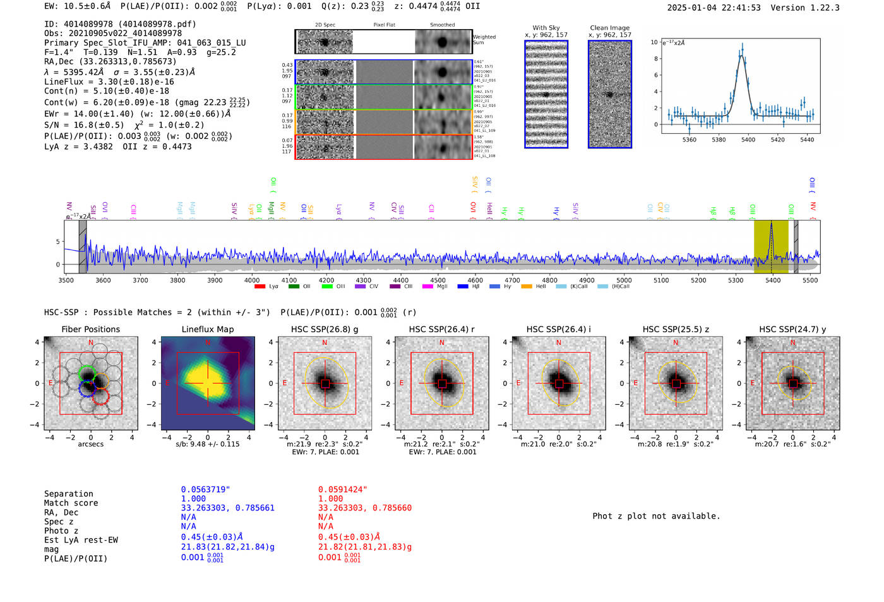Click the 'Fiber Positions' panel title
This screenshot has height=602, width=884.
[x=90, y=329]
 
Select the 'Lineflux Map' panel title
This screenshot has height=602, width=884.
[x=207, y=329]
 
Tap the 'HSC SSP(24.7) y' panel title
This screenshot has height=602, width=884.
[x=792, y=329]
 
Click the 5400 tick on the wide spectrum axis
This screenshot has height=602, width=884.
[x=772, y=280]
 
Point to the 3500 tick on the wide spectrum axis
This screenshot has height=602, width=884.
[x=66, y=280]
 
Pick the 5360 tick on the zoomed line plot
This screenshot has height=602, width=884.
[x=689, y=140]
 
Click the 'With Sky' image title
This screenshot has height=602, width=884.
[x=546, y=28]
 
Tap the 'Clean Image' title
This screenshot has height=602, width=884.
[x=609, y=28]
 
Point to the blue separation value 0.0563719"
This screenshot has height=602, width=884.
[x=205, y=490]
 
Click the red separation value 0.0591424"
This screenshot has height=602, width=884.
[x=342, y=490]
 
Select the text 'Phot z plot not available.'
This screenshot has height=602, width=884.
[x=656, y=516]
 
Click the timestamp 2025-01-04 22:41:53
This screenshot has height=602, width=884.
[x=714, y=8]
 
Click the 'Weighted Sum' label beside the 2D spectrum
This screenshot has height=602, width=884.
[x=484, y=40]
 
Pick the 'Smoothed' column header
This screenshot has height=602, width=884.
[x=442, y=25]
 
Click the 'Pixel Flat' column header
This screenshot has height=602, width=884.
[x=384, y=25]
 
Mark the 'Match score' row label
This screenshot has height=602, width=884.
[x=71, y=503]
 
